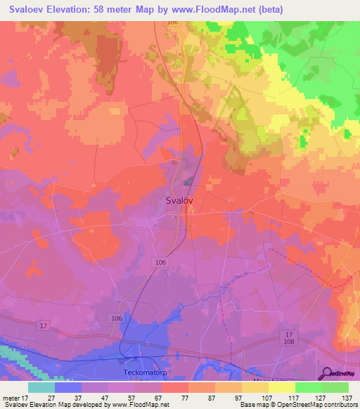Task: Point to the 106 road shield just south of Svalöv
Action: (x=160, y=261)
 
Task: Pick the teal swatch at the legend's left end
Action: (x=41, y=387)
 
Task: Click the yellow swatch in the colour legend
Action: (x=281, y=387)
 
